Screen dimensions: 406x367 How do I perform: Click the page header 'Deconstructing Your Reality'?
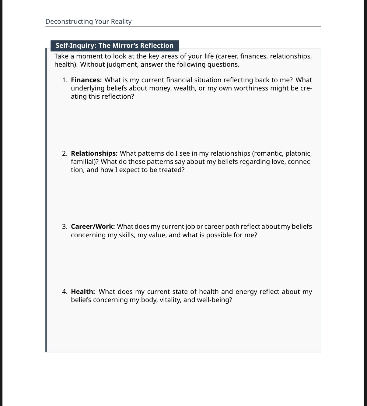[x=88, y=22]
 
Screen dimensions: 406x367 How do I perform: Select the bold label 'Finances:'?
[x=86, y=80]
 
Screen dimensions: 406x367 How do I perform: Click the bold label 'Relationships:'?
[x=94, y=154]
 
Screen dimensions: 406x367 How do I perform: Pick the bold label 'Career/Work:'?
[x=93, y=227]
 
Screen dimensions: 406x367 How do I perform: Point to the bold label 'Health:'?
[x=83, y=292]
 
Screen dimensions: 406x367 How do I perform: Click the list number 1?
[x=64, y=80]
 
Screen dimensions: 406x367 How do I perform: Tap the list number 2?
[x=64, y=154]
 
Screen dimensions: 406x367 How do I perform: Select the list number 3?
[x=64, y=227]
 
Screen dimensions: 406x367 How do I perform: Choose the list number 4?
[x=64, y=292]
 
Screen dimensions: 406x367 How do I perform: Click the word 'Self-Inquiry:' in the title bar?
[x=75, y=46]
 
